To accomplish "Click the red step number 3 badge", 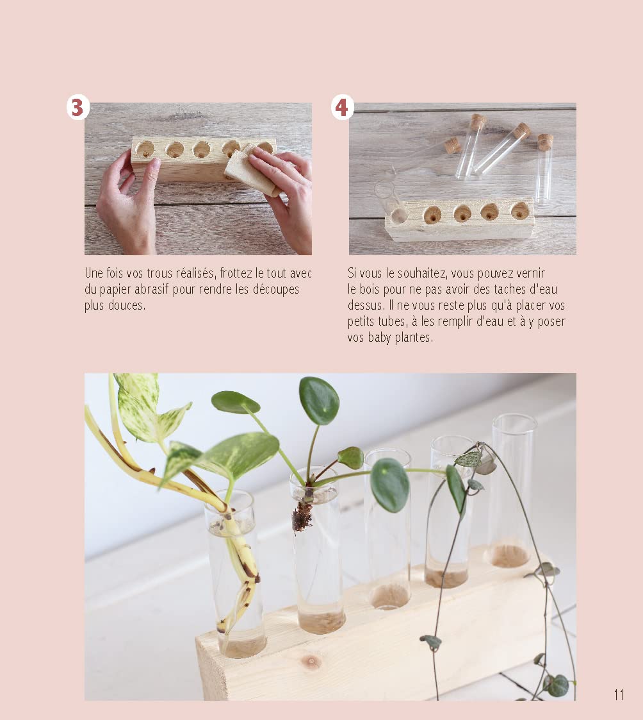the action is point(78,108).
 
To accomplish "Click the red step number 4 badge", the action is point(342,108).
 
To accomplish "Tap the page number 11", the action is point(619,695).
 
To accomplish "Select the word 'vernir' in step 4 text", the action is point(531,274).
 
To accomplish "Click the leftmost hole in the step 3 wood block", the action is point(145,149).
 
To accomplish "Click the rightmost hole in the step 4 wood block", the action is point(519,210).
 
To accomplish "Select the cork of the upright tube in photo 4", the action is point(545,142).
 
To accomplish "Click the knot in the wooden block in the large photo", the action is point(312,662).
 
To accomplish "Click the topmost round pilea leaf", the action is point(319,401).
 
